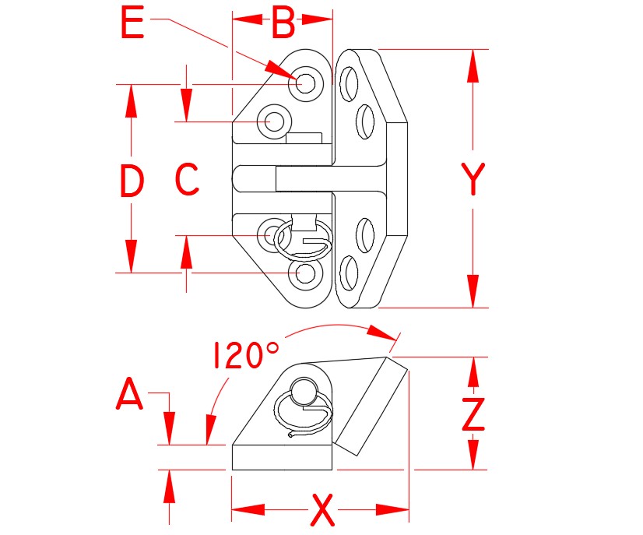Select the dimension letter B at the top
(282, 24)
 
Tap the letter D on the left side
(132, 182)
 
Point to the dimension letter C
(187, 180)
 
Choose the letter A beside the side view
(129, 396)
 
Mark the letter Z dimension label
(473, 414)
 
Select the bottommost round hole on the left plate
(305, 273)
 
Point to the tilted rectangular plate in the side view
(371, 406)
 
